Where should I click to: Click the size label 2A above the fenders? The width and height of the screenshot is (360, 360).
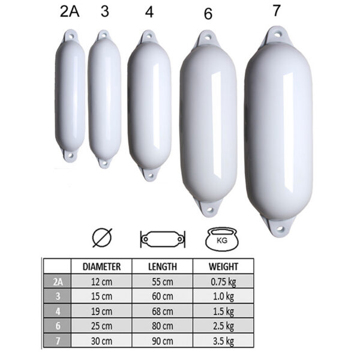(x=70, y=11)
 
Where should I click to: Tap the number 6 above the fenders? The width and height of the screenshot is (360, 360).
(x=208, y=14)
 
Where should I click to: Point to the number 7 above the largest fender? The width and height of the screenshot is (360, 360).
(x=277, y=10)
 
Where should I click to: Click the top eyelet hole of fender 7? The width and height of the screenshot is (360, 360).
(x=278, y=35)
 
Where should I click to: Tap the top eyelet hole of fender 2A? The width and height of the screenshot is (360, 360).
(x=70, y=36)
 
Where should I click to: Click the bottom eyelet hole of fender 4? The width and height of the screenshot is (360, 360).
(x=151, y=176)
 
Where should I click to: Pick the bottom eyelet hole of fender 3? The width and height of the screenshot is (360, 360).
(x=104, y=163)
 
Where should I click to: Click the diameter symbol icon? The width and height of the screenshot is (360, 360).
(x=102, y=238)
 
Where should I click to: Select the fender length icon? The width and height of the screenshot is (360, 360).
(x=163, y=239)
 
